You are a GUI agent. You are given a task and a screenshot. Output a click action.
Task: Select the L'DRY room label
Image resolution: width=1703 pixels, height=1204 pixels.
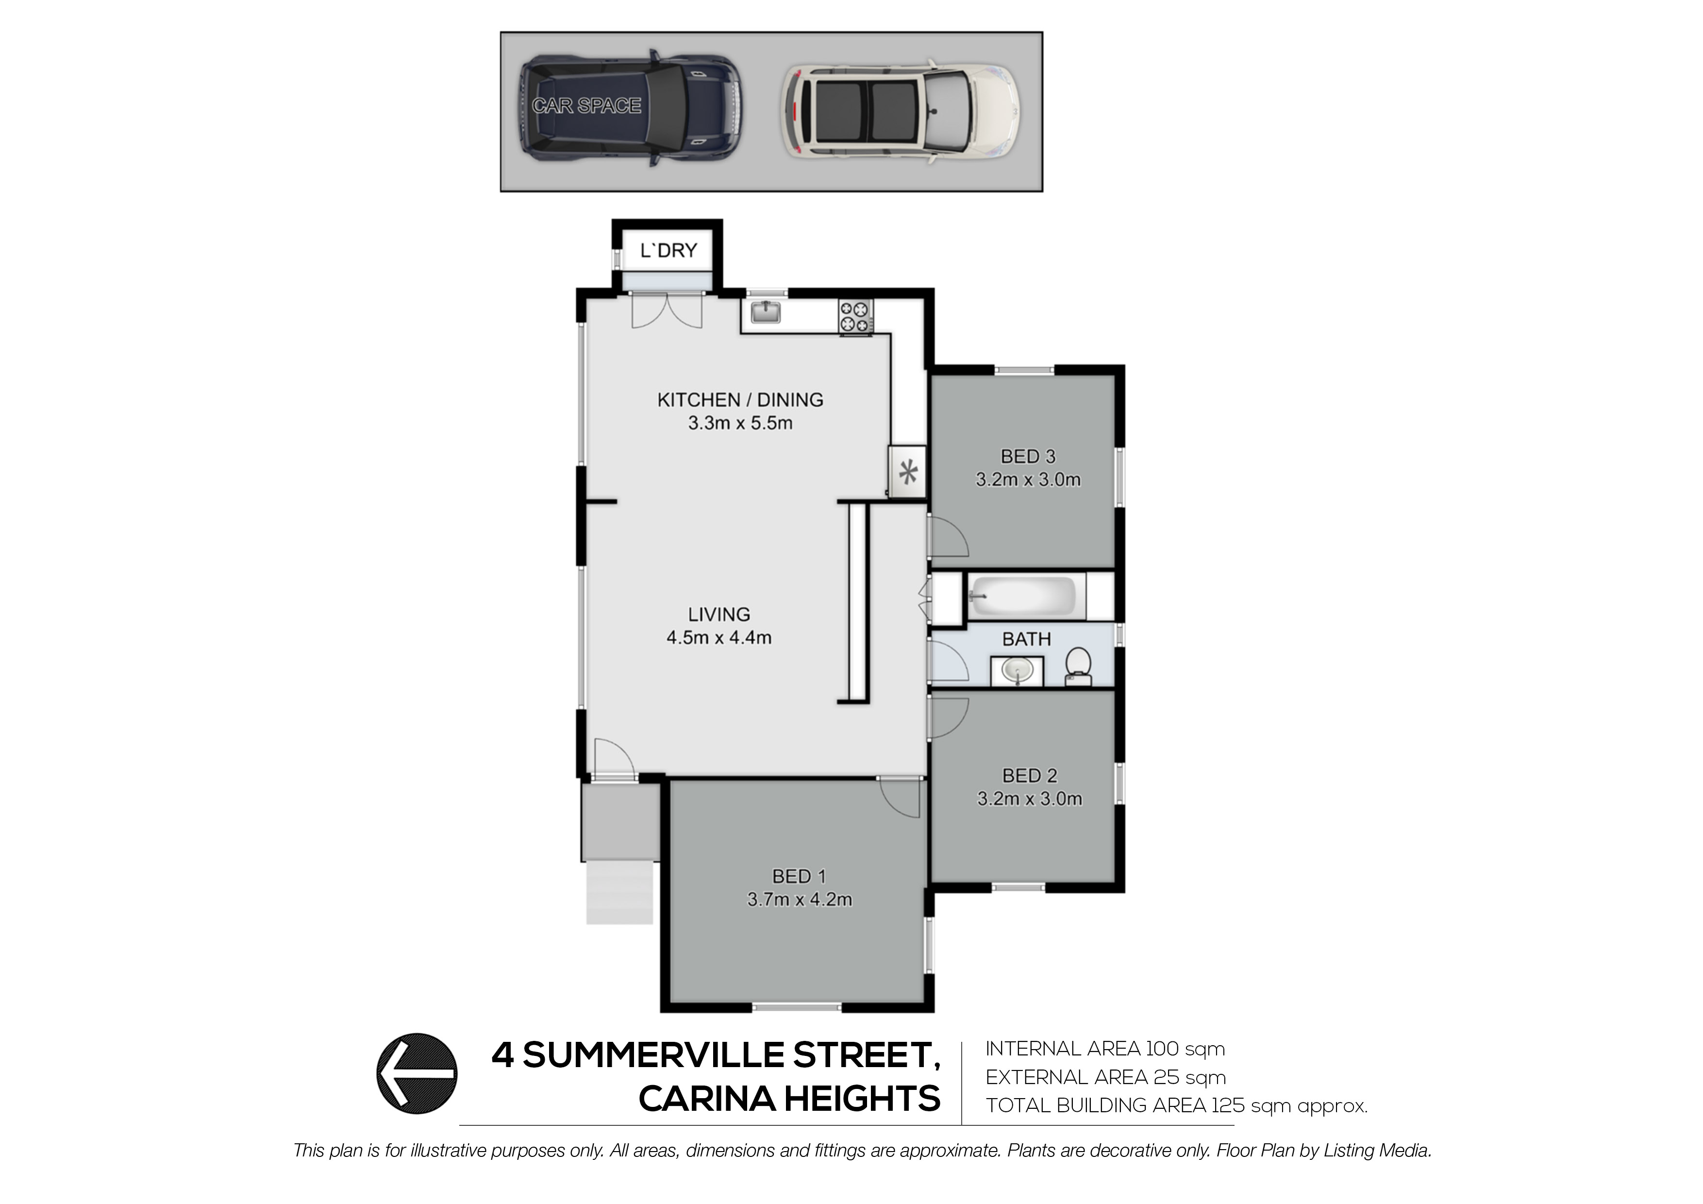click(x=668, y=251)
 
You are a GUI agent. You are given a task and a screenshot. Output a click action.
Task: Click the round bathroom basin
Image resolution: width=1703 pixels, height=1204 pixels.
click(x=1017, y=672)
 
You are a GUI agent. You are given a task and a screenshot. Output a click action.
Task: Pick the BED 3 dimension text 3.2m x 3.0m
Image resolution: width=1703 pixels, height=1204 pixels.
click(x=1028, y=480)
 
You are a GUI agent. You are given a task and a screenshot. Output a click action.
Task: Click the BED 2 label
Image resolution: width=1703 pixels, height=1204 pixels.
click(x=1029, y=776)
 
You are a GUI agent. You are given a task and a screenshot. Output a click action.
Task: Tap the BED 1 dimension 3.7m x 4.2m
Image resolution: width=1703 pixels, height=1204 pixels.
click(x=800, y=900)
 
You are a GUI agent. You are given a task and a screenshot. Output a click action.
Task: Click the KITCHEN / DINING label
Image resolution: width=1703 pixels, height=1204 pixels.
click(x=739, y=400)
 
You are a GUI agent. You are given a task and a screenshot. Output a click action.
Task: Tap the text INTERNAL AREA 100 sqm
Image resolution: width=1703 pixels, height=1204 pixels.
click(x=1104, y=1049)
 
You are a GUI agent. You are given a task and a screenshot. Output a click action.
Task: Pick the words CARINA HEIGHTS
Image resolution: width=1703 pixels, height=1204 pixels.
click(x=789, y=1099)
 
